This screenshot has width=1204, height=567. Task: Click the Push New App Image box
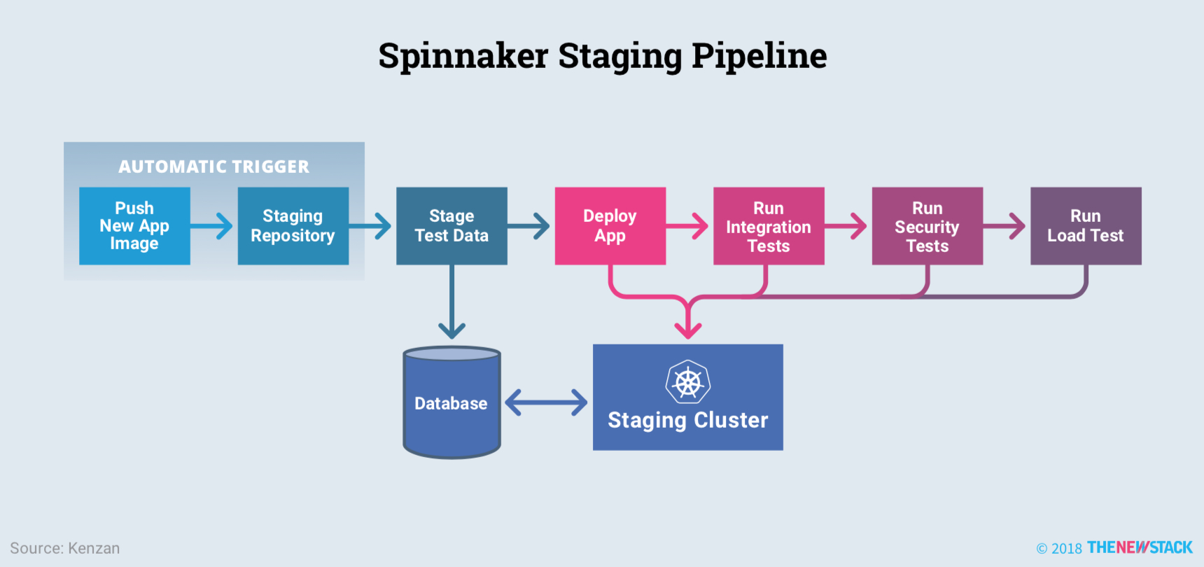click(134, 225)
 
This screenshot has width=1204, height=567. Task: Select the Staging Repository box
click(293, 225)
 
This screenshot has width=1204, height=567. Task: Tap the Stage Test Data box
click(451, 225)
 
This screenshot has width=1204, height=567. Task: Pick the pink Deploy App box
click(610, 225)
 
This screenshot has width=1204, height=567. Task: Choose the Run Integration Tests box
click(769, 225)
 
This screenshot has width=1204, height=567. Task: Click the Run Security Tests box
click(927, 225)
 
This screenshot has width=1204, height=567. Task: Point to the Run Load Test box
click(1086, 225)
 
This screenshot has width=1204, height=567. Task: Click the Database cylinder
click(451, 403)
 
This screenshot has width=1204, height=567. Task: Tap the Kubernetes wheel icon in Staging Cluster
click(688, 382)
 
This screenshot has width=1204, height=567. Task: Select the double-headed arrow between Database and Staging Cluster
click(546, 402)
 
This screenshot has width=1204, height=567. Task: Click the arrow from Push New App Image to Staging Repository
click(213, 225)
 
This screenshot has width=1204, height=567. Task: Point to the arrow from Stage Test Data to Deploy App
click(530, 225)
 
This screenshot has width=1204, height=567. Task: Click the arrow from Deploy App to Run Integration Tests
click(689, 225)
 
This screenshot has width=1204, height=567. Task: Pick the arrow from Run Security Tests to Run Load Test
click(1006, 225)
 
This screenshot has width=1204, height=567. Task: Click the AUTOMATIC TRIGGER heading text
click(213, 167)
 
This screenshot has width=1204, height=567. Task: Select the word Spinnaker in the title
click(463, 56)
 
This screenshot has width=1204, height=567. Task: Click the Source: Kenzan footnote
click(64, 548)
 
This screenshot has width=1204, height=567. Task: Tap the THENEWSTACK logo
click(1139, 547)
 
